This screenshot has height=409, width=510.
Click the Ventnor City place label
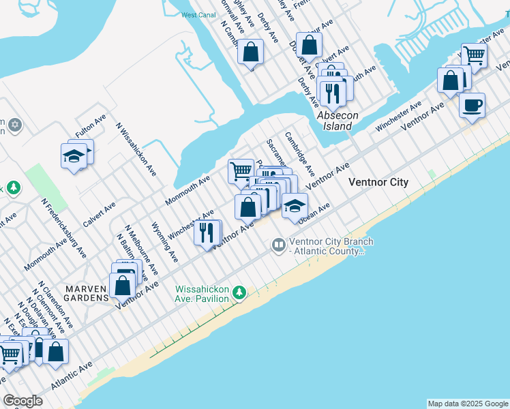coord(378,183)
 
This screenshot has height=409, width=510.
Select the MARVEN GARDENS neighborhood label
coord(87,293)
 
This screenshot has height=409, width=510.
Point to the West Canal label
coord(198,15)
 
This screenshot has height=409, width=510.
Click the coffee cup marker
coord(472,106)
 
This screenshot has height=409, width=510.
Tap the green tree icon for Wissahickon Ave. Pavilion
coord(239,292)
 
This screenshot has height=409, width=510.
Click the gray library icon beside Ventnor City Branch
coord(278,244)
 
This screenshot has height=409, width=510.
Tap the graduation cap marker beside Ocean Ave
coord(294,206)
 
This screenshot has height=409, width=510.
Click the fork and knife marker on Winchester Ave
coord(207,232)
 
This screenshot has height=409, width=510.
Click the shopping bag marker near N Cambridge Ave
coord(251,52)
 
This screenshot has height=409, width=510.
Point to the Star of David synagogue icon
coord(15,126)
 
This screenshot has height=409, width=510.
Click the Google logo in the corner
coord(22,401)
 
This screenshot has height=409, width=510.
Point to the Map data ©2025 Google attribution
coord(467,404)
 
